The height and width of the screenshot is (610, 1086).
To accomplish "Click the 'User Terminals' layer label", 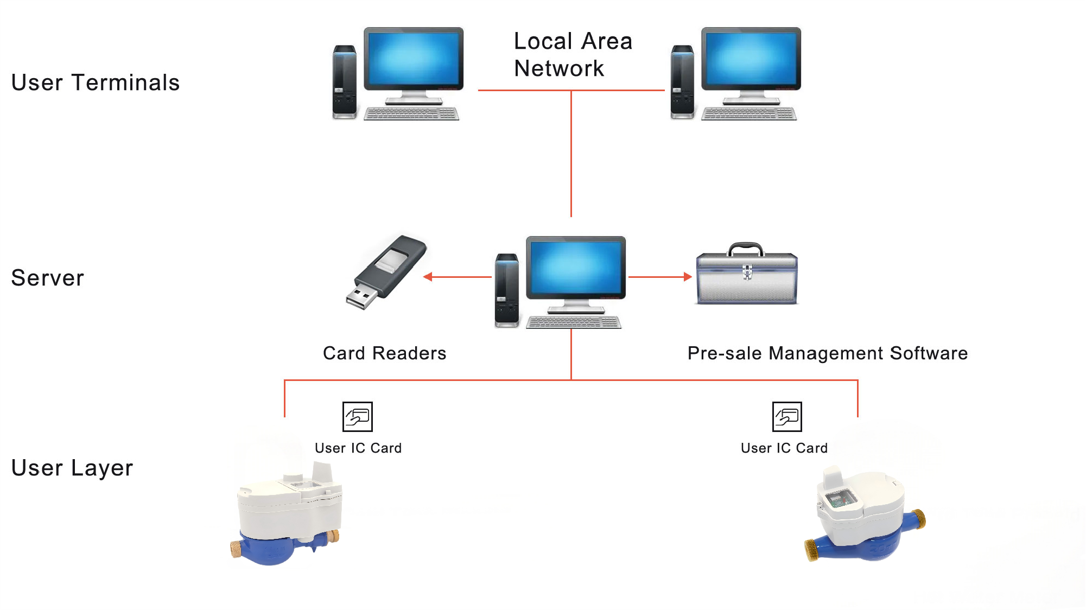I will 95,83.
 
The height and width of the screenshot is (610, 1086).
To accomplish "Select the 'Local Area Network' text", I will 572,55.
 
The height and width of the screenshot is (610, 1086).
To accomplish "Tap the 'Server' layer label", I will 48,278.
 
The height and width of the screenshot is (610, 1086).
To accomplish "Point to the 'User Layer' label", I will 72,468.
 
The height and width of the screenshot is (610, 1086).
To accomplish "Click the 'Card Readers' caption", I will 384,353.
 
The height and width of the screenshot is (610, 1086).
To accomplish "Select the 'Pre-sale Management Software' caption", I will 827,353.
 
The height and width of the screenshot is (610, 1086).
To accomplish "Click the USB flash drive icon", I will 386,271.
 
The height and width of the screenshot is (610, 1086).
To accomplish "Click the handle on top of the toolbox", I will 746,247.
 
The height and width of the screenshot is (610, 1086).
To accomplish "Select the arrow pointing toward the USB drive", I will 429,277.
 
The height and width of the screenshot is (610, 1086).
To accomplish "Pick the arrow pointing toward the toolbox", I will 687,277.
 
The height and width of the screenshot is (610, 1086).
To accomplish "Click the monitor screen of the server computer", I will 575,268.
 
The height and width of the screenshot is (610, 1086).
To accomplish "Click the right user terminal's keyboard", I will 749,114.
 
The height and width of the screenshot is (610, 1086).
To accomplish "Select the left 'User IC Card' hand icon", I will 357,417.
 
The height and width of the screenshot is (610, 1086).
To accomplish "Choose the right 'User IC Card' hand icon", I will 787,417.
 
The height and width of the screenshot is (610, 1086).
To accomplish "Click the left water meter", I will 288,516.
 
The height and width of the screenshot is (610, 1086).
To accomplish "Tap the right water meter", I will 866,516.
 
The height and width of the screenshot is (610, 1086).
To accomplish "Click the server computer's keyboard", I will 574,323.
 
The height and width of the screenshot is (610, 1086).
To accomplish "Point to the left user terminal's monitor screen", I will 414,59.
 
